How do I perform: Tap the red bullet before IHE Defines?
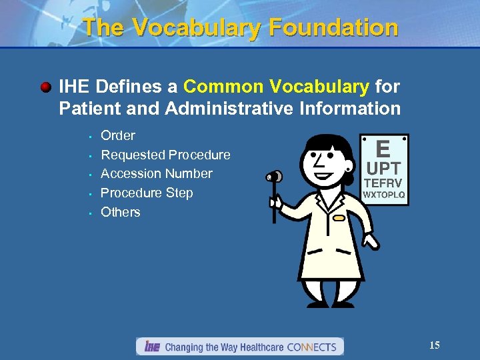(45, 87)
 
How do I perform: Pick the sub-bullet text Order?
(118, 135)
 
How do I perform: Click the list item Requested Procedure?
(165, 155)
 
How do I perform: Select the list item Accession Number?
(156, 173)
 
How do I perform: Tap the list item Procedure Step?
(147, 193)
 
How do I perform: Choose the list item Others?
(121, 212)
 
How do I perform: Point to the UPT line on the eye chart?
(383, 169)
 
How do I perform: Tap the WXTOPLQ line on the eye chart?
(383, 195)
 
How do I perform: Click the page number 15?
(435, 345)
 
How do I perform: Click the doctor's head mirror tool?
(273, 177)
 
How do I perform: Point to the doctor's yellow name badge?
(340, 218)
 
